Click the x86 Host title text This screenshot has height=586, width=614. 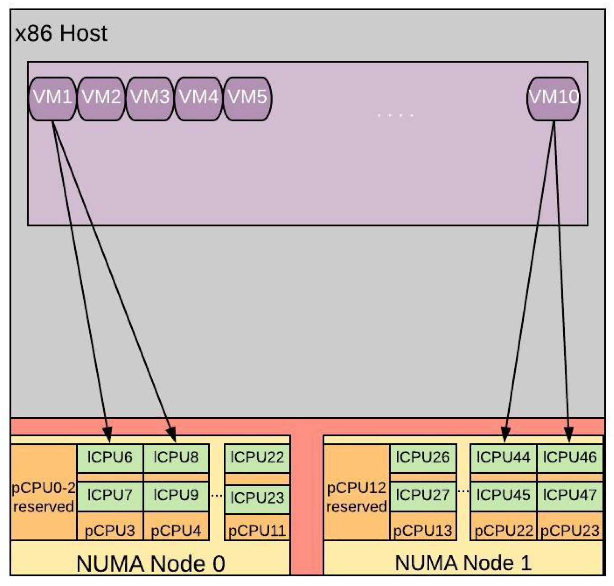click(x=61, y=33)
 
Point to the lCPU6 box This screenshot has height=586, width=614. click(x=110, y=457)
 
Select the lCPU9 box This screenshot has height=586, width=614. click(x=176, y=495)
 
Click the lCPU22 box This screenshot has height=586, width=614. click(x=257, y=457)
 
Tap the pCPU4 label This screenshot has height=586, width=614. click(x=176, y=530)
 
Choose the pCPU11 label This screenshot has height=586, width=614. click(x=257, y=530)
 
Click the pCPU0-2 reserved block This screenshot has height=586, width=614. click(x=43, y=497)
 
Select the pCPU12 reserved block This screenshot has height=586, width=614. click(x=356, y=497)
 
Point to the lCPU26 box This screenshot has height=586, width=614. click(x=422, y=457)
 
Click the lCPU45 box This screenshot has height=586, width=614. click(x=503, y=495)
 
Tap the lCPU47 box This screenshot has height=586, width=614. click(x=570, y=495)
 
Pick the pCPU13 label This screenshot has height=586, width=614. click(x=422, y=530)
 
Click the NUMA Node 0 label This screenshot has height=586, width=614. click(x=151, y=564)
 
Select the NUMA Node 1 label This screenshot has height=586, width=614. click(x=463, y=563)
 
